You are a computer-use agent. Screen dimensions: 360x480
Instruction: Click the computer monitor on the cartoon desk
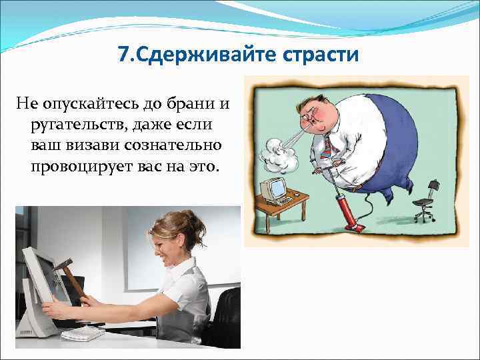(273, 189)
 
